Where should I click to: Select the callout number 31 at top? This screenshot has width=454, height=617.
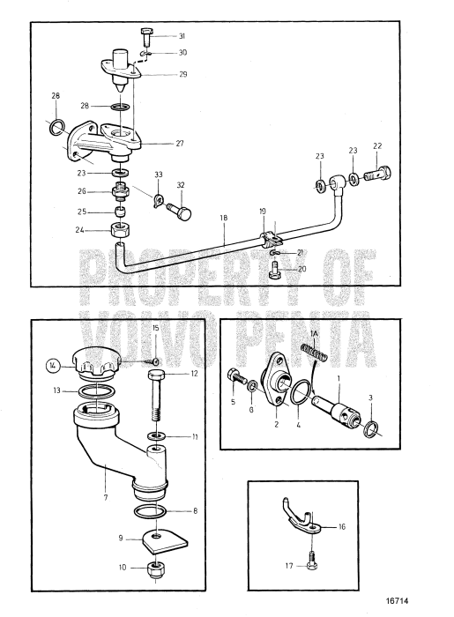click(x=182, y=36)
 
